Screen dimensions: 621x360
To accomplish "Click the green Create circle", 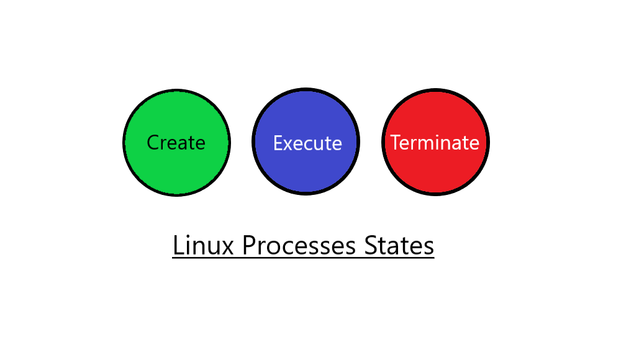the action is tap(176, 143).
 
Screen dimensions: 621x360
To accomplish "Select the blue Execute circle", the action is tap(306, 142).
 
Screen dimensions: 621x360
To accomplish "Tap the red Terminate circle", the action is tap(436, 142).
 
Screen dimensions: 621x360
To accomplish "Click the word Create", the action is tap(176, 143).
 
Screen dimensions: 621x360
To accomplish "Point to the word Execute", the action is tap(307, 143).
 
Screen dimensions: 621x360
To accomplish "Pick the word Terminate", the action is tap(435, 143).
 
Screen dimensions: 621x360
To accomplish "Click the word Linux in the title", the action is tap(203, 246).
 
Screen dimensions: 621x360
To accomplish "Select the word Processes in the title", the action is tap(299, 246).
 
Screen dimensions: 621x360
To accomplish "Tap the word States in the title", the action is tap(399, 246).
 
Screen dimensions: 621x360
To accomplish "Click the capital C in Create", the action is tap(153, 143).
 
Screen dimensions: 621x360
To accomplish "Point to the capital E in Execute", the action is tap(278, 143).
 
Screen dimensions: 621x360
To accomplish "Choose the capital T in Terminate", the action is tap(396, 142).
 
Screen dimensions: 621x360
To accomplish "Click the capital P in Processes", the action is tap(249, 246).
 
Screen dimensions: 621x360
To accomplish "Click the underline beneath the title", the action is tap(304, 258).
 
